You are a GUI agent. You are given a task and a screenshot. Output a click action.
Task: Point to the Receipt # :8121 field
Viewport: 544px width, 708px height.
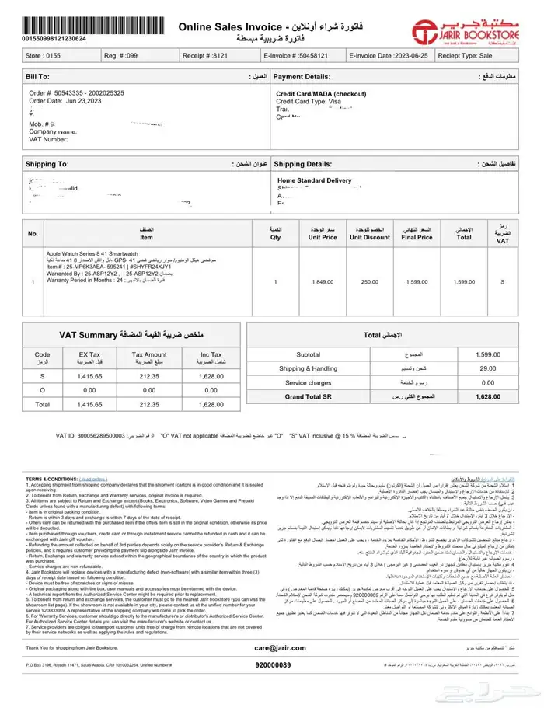click(x=205, y=56)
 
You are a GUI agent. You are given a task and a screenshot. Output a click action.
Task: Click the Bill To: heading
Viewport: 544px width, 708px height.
click(x=37, y=78)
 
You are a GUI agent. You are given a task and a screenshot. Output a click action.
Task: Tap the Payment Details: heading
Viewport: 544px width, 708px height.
click(x=302, y=78)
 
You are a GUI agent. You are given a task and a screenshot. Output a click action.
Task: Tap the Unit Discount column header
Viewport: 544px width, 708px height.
click(x=369, y=237)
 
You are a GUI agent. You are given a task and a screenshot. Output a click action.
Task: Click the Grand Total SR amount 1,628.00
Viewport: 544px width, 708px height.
click(x=488, y=396)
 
